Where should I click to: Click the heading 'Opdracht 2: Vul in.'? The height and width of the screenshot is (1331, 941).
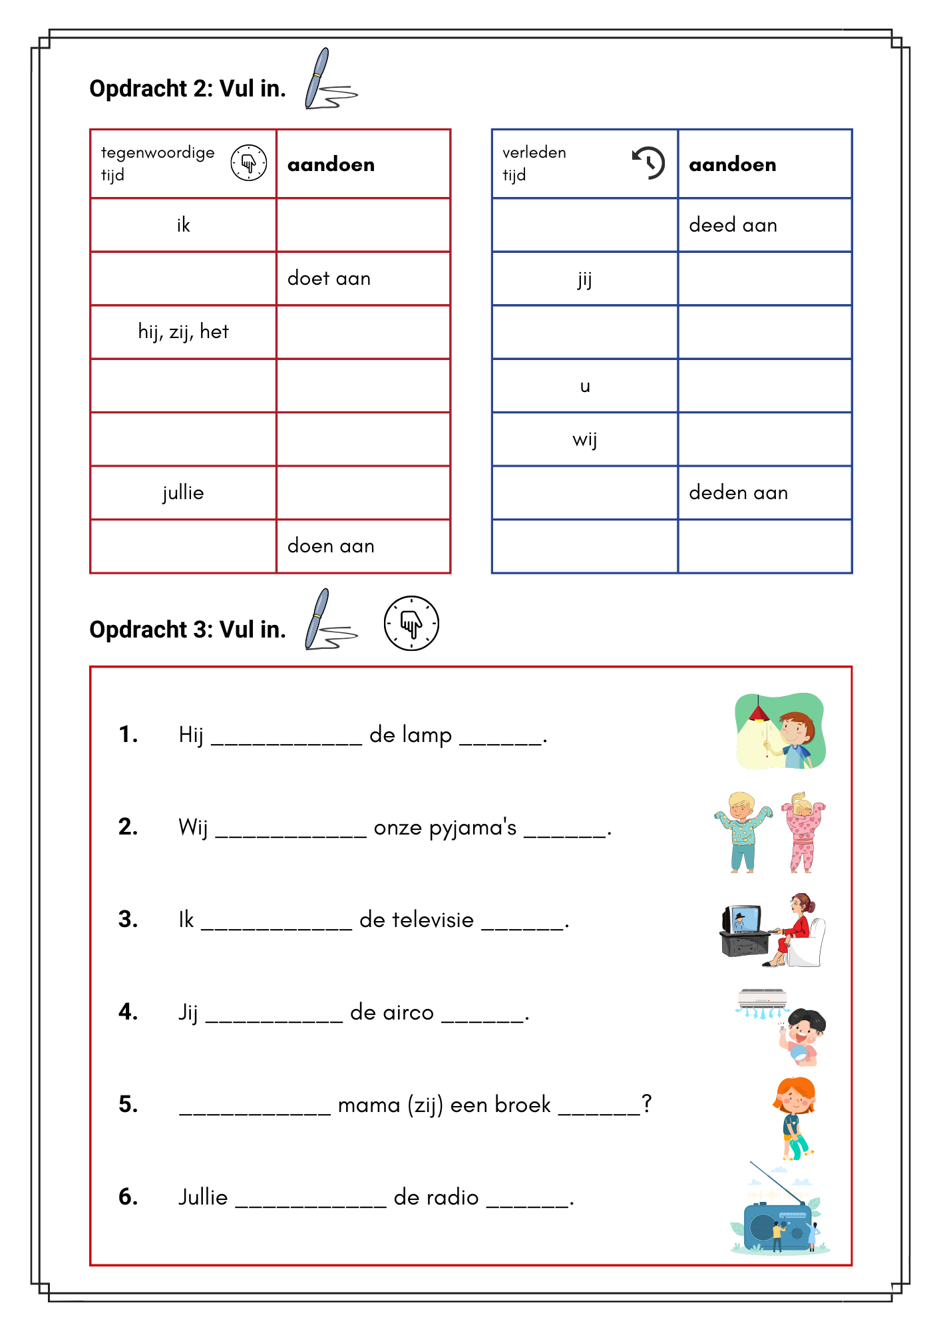tap(188, 89)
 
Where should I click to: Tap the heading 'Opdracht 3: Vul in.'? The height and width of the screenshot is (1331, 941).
tap(188, 630)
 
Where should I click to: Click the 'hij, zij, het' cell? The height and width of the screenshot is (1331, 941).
tap(183, 331)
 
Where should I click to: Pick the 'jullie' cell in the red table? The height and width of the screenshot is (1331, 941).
tap(183, 492)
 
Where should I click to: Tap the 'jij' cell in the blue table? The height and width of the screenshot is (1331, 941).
tap(584, 279)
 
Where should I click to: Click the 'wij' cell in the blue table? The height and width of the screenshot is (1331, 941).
tap(584, 439)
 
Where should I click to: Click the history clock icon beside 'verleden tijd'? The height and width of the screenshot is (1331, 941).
tap(648, 162)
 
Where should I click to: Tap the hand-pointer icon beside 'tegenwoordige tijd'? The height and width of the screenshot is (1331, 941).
tap(248, 162)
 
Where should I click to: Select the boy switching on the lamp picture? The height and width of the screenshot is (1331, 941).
tap(780, 731)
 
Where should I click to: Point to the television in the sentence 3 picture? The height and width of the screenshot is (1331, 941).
tap(743, 922)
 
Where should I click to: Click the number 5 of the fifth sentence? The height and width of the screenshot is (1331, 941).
tap(127, 1105)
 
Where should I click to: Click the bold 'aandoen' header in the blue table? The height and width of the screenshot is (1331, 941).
tap(732, 164)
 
